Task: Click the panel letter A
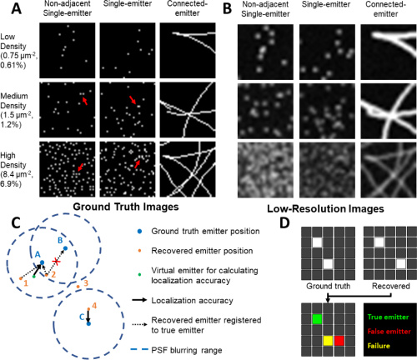17,8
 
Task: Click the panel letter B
227,8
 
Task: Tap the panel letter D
284,222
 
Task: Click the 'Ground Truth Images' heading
126,207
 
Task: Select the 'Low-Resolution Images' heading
325,209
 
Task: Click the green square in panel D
317,319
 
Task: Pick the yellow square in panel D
328,341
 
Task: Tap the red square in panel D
339,341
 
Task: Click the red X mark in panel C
57,261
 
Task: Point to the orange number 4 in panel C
94,306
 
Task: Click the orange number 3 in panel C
86,283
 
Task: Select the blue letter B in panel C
60,240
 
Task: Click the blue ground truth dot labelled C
88,323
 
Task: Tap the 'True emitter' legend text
388,317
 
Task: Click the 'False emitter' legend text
389,332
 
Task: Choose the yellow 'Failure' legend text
379,346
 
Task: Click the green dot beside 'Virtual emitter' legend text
139,275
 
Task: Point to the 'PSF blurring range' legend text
187,350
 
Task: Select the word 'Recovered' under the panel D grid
391,286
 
